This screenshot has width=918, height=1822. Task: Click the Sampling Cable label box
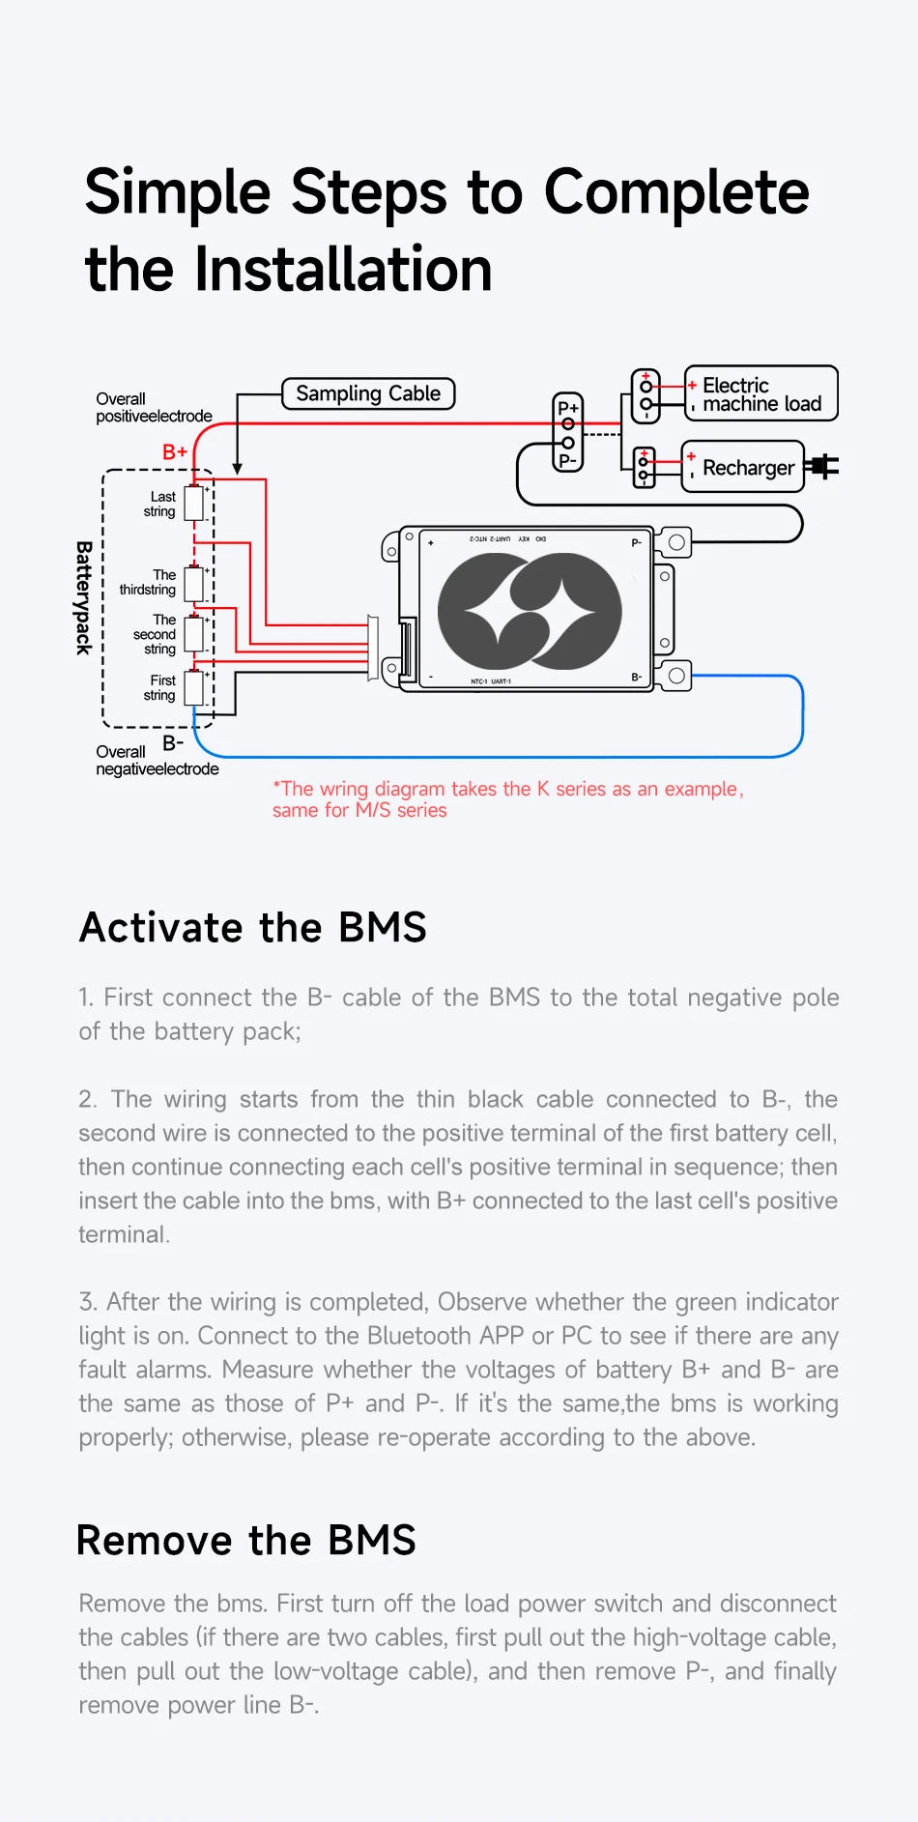coord(367,393)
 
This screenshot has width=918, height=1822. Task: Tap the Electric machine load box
coord(760,393)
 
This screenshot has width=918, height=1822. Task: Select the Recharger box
coord(742,468)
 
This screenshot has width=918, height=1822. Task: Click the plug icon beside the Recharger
coord(823,467)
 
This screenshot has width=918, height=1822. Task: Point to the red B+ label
coord(175,451)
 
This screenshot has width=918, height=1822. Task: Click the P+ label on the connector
coord(568,408)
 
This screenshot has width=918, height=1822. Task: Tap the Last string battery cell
coord(194,504)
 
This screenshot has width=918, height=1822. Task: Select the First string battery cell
coord(194,687)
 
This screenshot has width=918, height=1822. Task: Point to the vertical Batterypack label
coord(84,597)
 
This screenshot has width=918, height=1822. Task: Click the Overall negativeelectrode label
coord(157,760)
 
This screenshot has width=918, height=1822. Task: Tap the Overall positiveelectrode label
coord(153,407)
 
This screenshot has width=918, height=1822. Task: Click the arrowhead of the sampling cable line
coord(237,469)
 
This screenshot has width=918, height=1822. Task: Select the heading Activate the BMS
coord(253,927)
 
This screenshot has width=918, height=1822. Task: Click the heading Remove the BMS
coord(246,1540)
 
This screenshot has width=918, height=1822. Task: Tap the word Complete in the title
coord(676,191)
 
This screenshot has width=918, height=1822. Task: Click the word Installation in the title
coord(343,269)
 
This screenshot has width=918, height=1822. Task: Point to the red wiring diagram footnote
coord(507,799)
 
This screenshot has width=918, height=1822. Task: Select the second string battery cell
coord(194,634)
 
